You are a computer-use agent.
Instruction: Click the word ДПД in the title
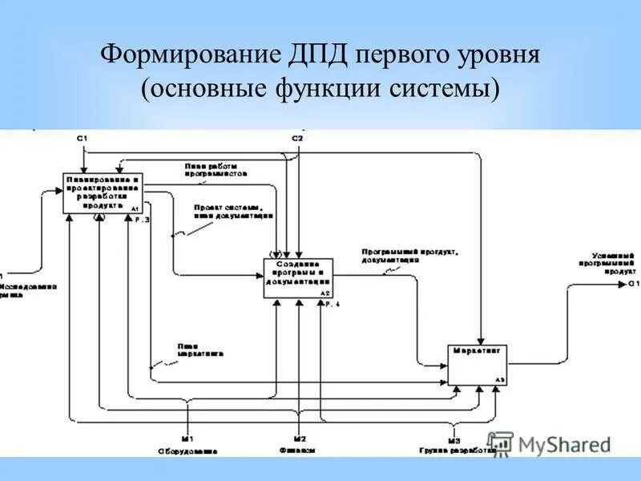point(317,57)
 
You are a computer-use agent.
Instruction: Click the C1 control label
point(82,139)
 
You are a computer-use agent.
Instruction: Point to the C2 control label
point(297,139)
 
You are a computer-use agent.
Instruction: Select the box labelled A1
point(103,192)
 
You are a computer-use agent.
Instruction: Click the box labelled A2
point(297,277)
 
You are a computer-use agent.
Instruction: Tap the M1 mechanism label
point(187,439)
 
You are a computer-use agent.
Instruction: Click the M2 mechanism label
point(298,439)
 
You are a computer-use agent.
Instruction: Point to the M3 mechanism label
point(454,439)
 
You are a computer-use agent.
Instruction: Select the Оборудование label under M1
point(187,451)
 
